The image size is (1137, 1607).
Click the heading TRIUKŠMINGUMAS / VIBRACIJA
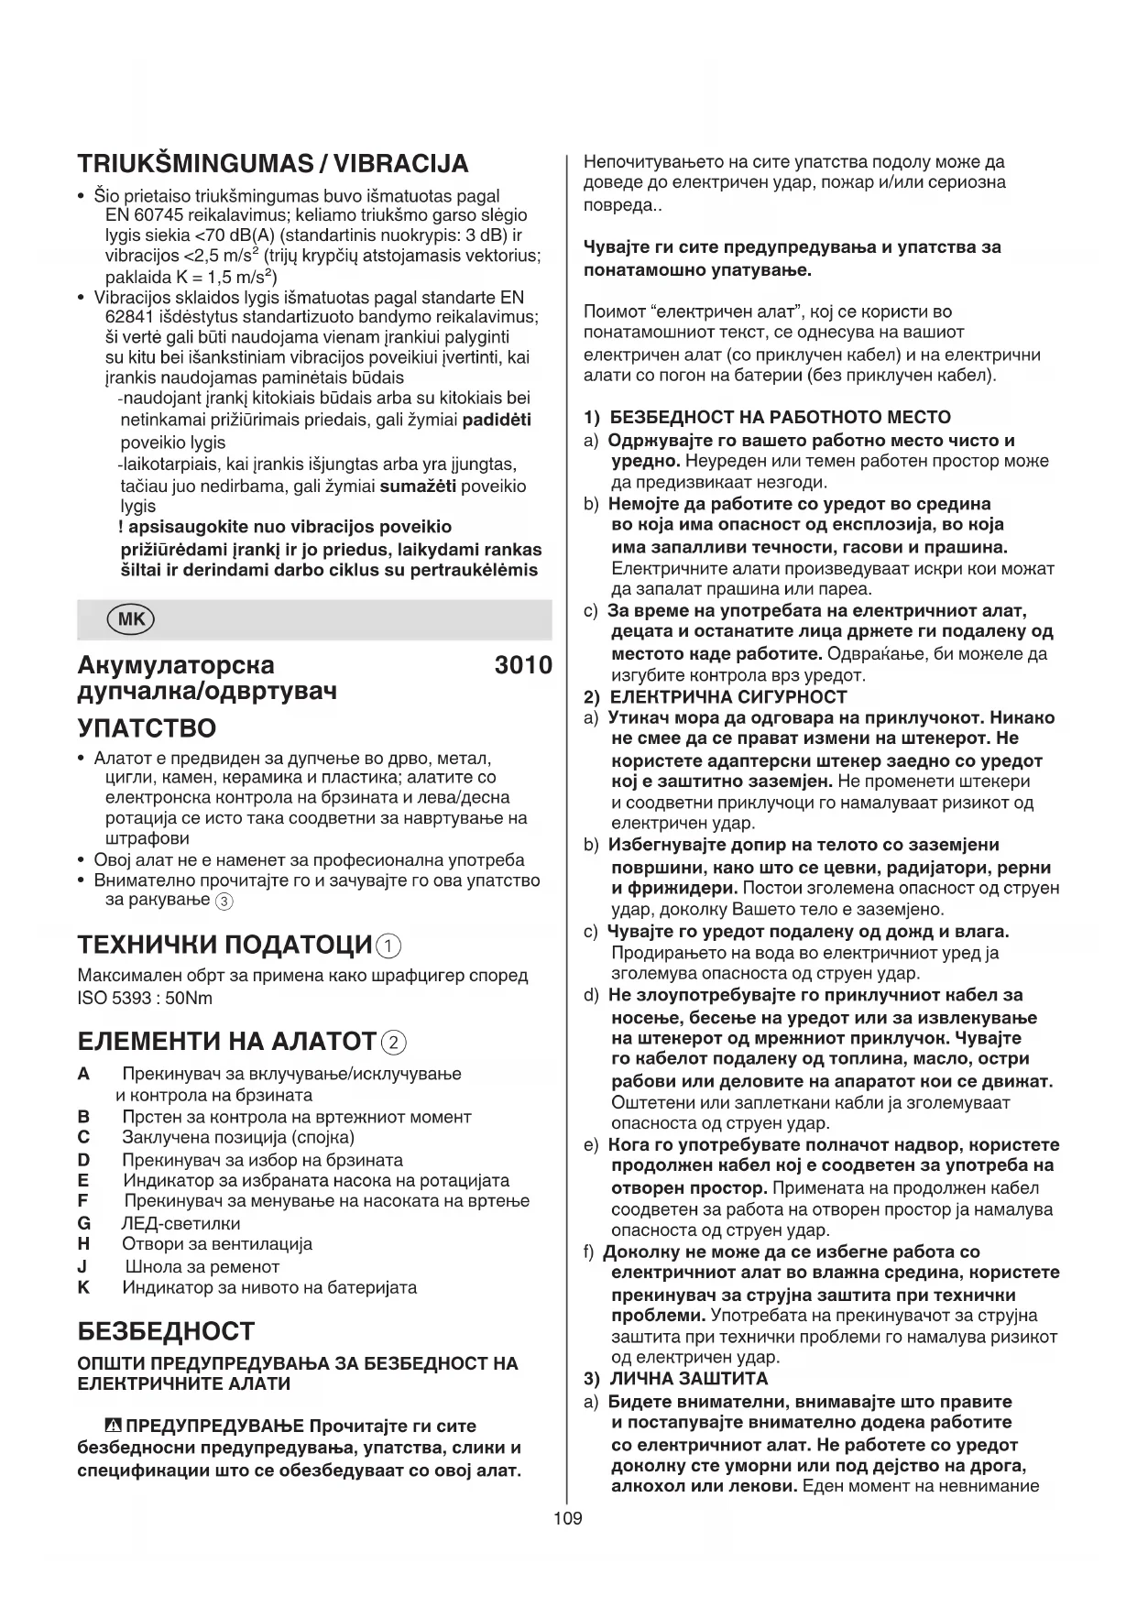click(x=273, y=164)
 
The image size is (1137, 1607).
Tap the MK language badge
click(x=131, y=619)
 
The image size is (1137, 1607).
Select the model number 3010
click(x=523, y=665)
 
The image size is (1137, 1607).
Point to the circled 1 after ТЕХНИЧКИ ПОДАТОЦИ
click(x=388, y=946)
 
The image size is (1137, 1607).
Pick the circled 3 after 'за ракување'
click(x=224, y=902)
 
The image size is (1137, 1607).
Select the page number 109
click(x=567, y=1519)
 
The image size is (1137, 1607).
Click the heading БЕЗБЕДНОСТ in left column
click(x=166, y=1331)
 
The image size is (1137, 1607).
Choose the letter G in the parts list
click(x=84, y=1223)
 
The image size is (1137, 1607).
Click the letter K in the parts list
click(x=84, y=1287)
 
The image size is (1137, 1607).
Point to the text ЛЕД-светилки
click(x=180, y=1223)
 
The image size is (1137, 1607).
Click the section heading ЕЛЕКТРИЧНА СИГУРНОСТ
click(x=728, y=697)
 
